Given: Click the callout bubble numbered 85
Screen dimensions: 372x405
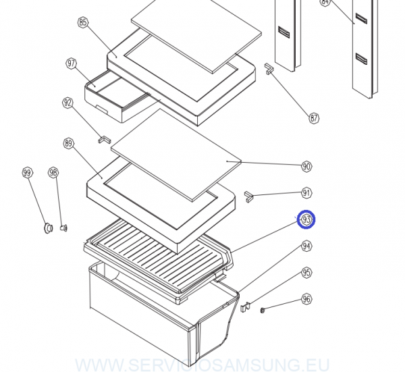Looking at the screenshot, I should click(83, 22).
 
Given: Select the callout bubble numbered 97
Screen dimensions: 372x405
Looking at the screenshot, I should click(71, 63).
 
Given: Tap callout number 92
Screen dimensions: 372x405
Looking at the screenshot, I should click(67, 103).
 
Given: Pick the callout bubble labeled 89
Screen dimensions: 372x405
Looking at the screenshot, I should click(68, 143).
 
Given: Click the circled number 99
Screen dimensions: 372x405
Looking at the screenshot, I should click(28, 173).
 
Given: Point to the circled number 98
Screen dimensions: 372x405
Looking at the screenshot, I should click(53, 173).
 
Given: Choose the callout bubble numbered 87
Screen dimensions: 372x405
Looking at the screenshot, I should click(314, 118).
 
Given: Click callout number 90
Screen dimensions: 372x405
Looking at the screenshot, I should click(306, 166).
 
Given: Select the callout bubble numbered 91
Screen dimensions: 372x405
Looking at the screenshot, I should click(307, 193).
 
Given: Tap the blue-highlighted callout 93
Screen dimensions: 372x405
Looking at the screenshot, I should click(307, 220).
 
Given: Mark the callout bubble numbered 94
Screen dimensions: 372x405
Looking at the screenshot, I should click(307, 246).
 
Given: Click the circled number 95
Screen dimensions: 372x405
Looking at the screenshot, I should click(307, 273).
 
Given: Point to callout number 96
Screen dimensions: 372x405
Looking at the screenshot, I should click(307, 299).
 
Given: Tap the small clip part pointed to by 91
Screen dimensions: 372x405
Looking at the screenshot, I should click(248, 196).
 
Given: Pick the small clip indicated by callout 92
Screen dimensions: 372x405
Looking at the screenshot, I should click(105, 138).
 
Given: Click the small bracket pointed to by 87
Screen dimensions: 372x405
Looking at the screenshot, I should click(269, 70).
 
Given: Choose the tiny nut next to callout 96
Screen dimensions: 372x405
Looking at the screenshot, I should click(262, 310).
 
